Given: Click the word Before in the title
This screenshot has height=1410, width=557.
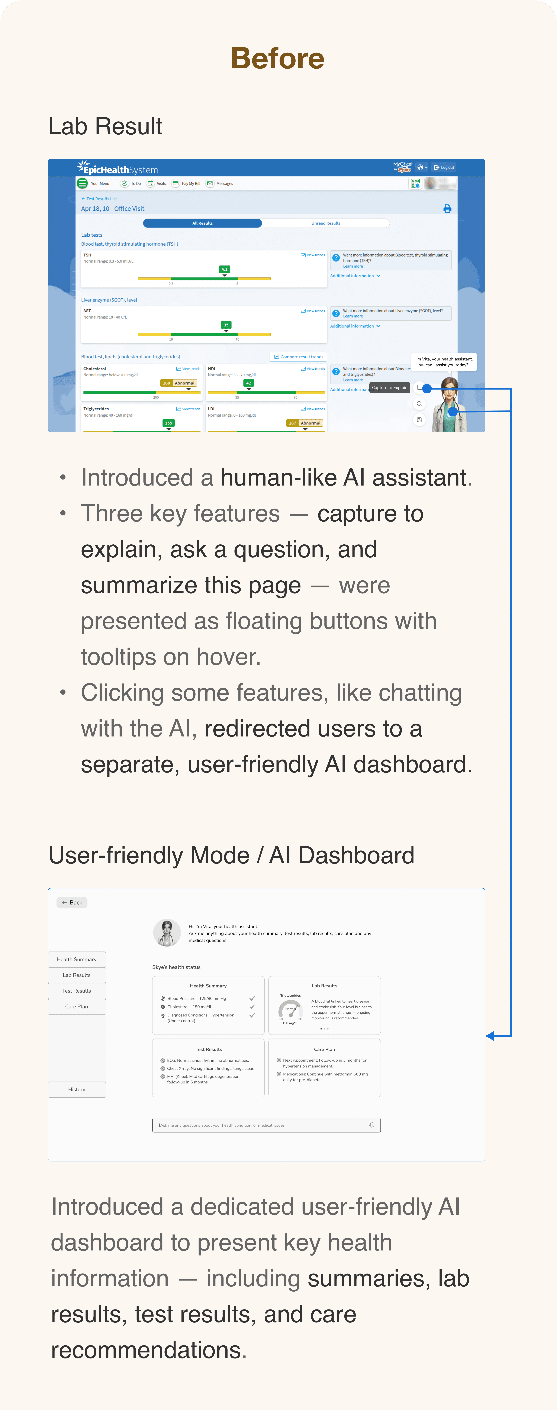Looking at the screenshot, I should pyautogui.click(x=278, y=59).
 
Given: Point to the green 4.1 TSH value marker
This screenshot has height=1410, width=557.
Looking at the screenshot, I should pyautogui.click(x=225, y=269).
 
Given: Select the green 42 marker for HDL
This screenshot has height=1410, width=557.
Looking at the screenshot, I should pyautogui.click(x=249, y=383).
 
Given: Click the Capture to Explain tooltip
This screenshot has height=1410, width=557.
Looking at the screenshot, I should pyautogui.click(x=389, y=388).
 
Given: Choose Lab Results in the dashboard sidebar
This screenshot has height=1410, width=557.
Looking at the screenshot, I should pyautogui.click(x=77, y=975).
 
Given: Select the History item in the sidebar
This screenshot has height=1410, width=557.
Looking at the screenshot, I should pyautogui.click(x=77, y=1089).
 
